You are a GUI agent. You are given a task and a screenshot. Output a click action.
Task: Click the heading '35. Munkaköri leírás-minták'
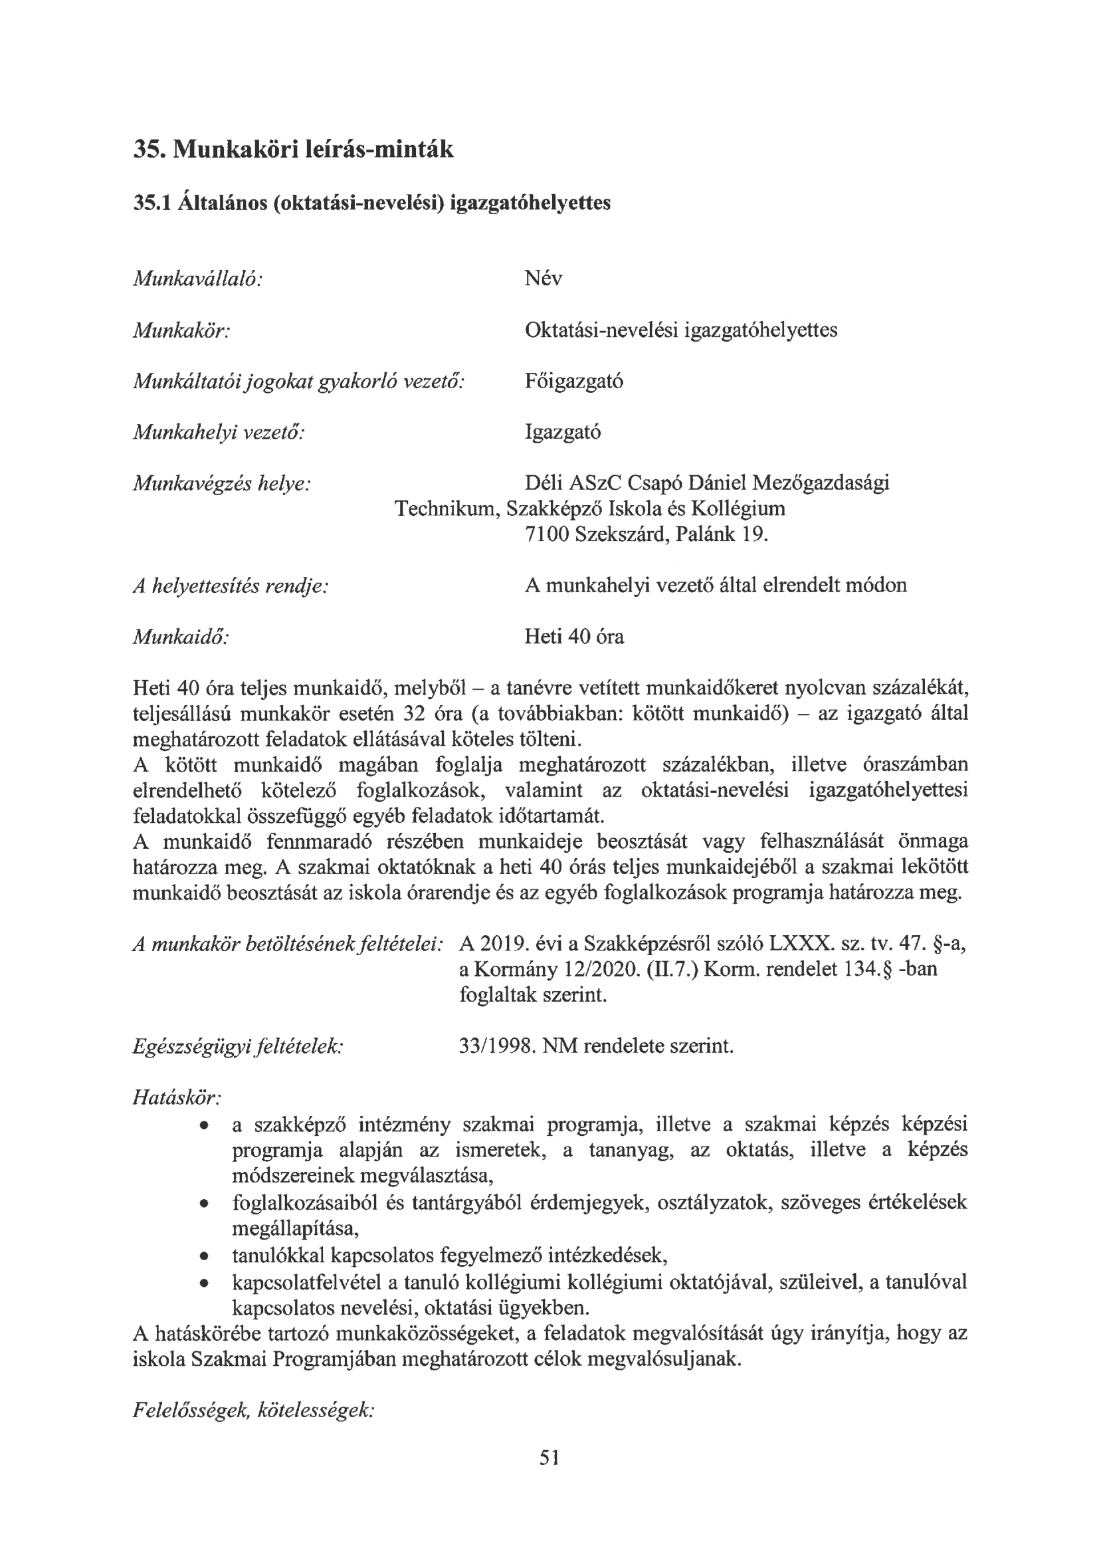293,149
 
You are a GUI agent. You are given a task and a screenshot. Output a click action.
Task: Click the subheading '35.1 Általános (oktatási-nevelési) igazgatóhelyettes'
371,202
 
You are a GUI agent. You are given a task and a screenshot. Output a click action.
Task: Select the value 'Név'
543,278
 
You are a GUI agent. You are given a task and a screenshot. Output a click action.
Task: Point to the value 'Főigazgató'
574,381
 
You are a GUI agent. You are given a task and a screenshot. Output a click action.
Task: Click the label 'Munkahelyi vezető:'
219,432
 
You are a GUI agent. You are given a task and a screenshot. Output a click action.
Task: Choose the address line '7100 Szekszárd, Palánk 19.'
647,534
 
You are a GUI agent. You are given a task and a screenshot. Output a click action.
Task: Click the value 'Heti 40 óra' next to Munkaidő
574,637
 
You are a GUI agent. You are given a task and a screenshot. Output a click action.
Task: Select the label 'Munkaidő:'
180,637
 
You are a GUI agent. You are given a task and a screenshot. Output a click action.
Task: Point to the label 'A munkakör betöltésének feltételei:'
288,944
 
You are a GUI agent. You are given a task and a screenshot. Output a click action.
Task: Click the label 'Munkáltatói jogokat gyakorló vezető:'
298,381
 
